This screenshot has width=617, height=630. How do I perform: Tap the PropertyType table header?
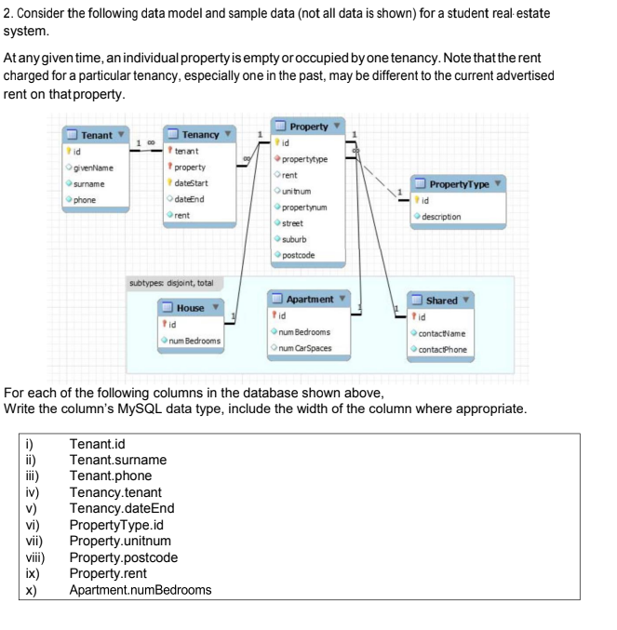[458, 185]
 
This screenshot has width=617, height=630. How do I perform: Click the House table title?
[190, 307]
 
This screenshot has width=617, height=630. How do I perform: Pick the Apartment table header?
[309, 299]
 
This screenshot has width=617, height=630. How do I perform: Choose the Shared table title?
[441, 300]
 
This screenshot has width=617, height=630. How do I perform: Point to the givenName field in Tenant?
[94, 168]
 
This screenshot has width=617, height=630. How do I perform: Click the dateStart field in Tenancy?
[192, 184]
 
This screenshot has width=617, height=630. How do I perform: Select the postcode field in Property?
[299, 255]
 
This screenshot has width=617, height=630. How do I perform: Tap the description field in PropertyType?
[440, 217]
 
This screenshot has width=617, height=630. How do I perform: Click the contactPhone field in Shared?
[442, 349]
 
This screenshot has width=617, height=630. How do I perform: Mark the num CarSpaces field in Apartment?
[304, 348]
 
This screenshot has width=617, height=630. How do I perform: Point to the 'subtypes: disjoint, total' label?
[170, 282]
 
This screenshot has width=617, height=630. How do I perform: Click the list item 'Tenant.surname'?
[118, 460]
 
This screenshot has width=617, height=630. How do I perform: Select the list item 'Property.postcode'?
[123, 557]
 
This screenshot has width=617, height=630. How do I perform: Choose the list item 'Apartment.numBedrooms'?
[141, 590]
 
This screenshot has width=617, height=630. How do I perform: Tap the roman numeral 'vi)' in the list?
[29, 525]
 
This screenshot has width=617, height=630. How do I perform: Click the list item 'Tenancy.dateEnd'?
[122, 508]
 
